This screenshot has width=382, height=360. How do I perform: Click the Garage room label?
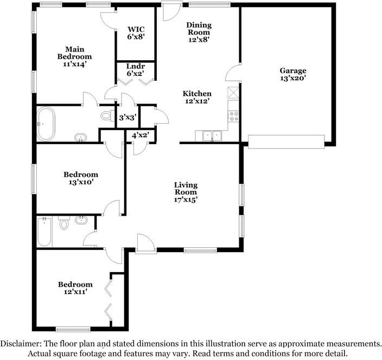point(293,74)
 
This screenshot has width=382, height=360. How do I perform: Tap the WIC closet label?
point(136,33)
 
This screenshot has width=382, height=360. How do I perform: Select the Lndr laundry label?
point(136,69)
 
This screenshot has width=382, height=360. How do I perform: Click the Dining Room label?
point(199,32)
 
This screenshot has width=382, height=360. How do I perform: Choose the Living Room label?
point(186,192)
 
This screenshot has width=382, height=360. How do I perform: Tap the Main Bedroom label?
point(75,56)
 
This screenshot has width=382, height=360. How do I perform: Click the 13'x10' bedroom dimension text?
point(81,182)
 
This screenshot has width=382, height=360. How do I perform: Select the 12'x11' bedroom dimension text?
point(75,292)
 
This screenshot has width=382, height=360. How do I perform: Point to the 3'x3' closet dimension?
point(127,118)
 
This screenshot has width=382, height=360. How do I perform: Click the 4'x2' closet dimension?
point(141,135)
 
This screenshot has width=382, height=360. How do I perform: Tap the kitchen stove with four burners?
point(234,116)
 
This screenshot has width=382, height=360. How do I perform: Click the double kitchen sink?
point(212,136)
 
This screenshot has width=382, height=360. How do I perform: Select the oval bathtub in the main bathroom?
point(46,124)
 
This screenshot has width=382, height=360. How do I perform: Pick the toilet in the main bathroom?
point(107,115)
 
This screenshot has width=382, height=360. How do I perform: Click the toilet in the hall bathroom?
point(64,223)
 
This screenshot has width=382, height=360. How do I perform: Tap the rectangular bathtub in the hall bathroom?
point(44,232)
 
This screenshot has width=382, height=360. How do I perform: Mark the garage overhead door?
point(286,142)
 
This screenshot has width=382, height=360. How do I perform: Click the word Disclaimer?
point(21,344)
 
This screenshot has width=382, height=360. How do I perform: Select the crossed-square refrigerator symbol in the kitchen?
point(233,92)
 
